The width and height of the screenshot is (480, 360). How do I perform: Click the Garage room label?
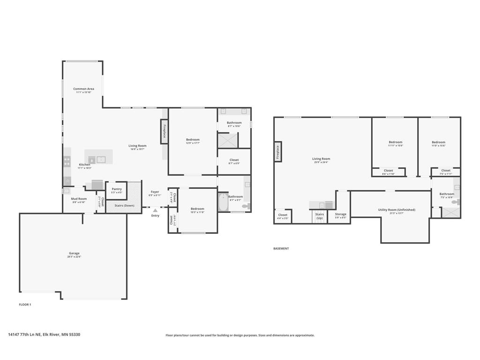[x=74, y=254]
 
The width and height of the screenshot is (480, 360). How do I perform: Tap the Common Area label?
[x=83, y=89]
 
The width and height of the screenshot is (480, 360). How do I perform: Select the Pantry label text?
[x=117, y=189]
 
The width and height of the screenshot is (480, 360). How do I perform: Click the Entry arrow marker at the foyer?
[x=155, y=210]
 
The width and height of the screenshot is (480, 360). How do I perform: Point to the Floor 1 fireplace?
[x=165, y=132]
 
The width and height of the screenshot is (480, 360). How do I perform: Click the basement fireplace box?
[x=277, y=152]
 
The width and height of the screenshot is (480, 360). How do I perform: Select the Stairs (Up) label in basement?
[x=319, y=216]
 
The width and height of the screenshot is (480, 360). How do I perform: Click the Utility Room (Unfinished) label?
[x=397, y=210]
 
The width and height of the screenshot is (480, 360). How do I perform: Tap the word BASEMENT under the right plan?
[x=281, y=248]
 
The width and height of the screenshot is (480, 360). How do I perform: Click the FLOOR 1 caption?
[x=25, y=305]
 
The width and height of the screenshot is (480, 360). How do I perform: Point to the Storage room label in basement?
[x=341, y=215]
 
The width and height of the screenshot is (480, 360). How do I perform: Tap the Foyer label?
[x=155, y=192]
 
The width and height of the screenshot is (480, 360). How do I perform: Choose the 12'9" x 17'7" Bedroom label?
[x=193, y=140]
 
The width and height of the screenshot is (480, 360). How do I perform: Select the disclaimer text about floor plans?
[x=240, y=335]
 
